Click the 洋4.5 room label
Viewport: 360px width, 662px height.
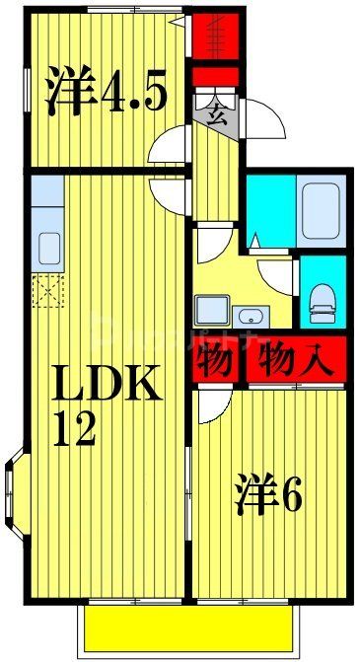coord(104,91)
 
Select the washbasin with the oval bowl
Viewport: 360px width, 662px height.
coord(252,316)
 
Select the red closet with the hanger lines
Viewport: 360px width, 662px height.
coord(214,33)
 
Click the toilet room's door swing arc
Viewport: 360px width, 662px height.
coord(279,275)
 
